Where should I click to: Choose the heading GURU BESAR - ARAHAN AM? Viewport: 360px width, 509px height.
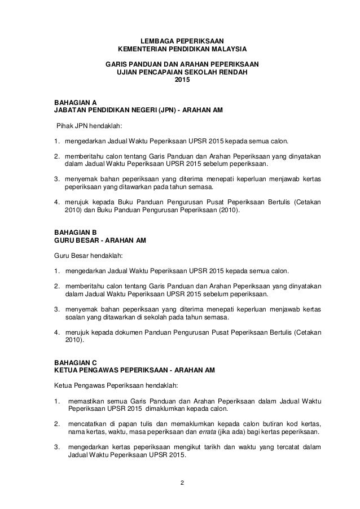(x=100, y=240)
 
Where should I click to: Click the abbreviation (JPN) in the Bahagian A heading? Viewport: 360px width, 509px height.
(x=163, y=111)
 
